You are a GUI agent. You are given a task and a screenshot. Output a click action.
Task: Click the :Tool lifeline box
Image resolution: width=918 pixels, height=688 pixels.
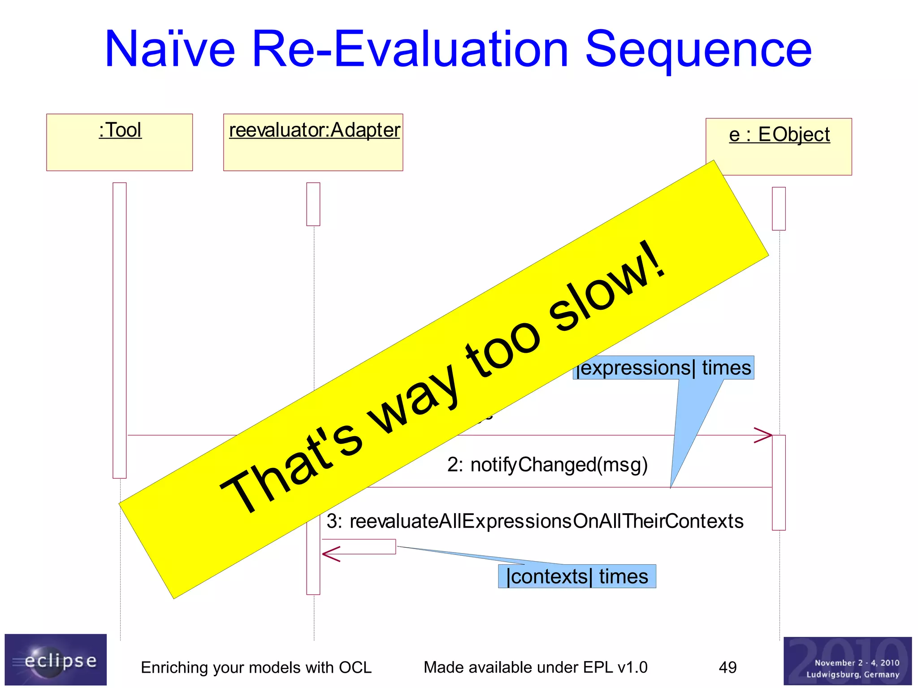119,142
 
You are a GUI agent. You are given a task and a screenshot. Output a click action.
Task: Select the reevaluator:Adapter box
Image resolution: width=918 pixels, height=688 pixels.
313,142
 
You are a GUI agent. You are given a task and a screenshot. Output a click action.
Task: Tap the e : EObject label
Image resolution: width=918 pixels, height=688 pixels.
779,134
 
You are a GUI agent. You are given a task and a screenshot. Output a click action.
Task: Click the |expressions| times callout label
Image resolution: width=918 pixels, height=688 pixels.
663,368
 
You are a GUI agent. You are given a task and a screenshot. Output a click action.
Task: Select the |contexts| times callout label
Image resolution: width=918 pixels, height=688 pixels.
577,576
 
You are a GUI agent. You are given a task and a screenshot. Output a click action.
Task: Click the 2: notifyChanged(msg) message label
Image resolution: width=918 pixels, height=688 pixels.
547,465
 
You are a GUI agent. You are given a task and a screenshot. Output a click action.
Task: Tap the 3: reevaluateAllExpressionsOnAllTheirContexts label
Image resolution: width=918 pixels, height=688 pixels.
535,521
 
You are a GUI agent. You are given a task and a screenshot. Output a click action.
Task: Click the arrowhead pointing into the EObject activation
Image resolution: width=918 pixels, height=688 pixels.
763,435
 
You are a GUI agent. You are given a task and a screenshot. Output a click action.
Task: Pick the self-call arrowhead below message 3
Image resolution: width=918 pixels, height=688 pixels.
330,554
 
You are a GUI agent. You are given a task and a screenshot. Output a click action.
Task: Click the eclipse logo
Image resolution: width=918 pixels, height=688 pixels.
56,659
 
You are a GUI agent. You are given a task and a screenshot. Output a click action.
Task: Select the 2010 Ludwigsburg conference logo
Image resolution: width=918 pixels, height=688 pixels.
847,661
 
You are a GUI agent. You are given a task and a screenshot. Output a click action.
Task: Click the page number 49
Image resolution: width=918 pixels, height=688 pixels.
727,667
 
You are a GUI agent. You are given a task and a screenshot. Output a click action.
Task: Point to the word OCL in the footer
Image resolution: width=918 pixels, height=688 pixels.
355,667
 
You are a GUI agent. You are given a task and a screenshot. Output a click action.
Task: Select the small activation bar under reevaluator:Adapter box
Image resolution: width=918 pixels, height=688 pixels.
313,204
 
